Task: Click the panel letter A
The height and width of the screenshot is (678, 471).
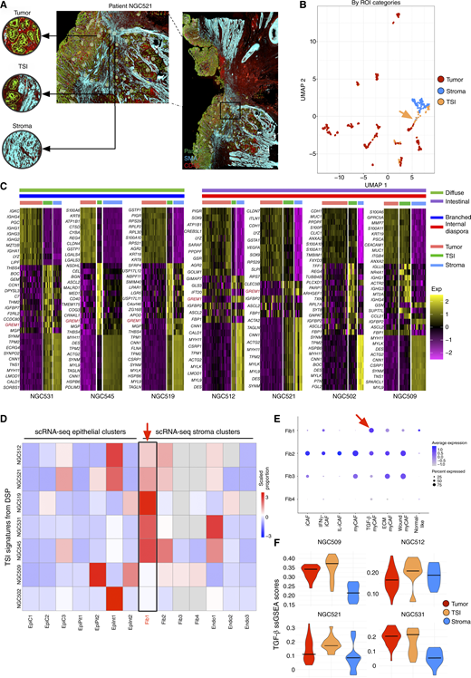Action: click(x=5, y=5)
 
